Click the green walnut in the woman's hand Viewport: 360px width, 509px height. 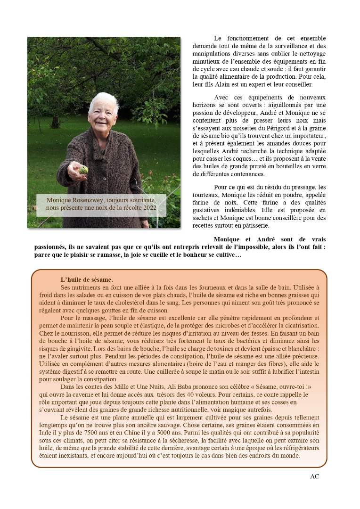(x=83, y=170)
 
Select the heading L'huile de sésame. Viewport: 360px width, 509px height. (x=87, y=279)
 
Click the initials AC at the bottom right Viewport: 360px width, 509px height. (x=314, y=476)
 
